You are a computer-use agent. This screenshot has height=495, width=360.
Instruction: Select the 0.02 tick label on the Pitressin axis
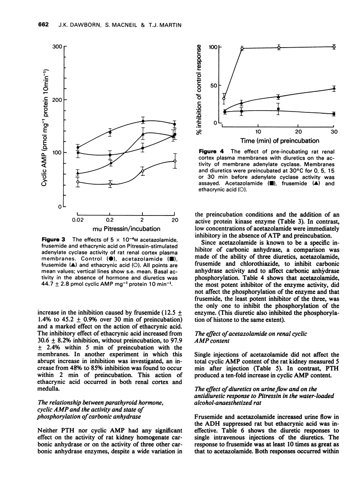pos(78,220)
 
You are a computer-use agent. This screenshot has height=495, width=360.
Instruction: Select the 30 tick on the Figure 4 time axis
pos(334,131)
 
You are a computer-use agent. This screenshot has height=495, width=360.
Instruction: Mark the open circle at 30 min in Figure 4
pos(334,47)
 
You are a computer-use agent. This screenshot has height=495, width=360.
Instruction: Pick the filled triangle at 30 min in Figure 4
pos(334,89)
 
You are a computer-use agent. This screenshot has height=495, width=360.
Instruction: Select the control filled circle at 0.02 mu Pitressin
pos(78,148)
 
